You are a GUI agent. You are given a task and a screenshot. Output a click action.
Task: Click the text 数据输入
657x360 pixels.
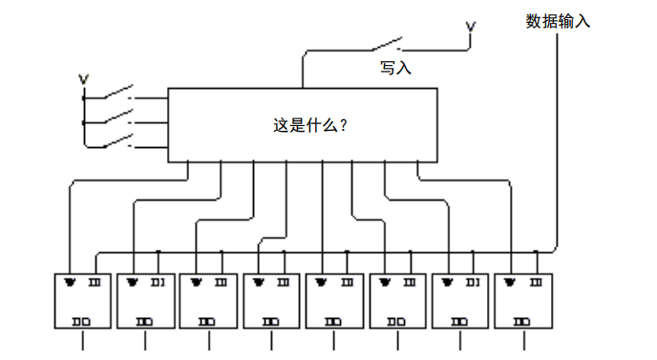pos(558,21)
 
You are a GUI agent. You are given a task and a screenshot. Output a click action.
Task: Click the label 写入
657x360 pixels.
pos(395,68)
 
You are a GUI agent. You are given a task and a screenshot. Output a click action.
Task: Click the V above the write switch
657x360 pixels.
pos(470,29)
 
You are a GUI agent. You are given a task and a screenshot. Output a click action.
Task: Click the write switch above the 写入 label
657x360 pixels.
pos(385,44)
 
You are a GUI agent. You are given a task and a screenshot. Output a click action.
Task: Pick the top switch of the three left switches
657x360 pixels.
pos(115,94)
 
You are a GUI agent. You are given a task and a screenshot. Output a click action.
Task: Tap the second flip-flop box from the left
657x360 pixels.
pos(145,302)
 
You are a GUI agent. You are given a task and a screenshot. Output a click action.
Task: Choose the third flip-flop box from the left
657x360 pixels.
pos(208,302)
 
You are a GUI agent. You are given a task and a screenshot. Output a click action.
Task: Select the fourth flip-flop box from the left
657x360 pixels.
pos(271,302)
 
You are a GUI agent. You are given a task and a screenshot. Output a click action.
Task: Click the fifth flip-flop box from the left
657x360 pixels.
pos(334,302)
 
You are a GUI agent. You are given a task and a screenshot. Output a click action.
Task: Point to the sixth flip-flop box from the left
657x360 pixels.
pos(398,302)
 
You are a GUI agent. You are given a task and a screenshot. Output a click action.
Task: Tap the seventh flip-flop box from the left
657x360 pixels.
pos(461,302)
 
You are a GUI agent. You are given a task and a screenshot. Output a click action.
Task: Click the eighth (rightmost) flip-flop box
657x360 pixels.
pos(524,302)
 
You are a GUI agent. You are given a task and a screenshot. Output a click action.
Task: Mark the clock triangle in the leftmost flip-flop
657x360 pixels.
pos(71,283)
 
